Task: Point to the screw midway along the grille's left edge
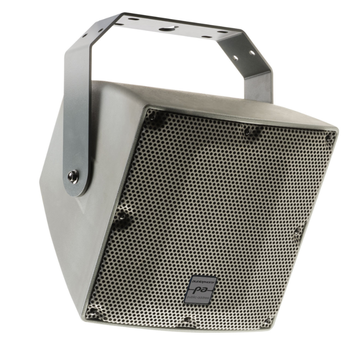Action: tap(121, 217)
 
